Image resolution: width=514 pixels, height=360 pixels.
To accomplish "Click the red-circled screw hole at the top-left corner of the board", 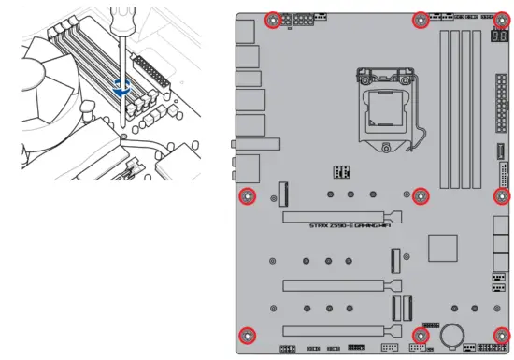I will tap(273, 19).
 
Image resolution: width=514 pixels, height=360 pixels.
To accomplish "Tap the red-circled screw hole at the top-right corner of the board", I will tap(503, 19).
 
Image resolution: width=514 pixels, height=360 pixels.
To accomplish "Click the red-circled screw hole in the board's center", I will tap(420, 195).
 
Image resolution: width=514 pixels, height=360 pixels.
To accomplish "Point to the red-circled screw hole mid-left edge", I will tap(247, 195).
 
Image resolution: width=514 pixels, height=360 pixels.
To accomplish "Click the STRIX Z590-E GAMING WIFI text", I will tap(350, 225).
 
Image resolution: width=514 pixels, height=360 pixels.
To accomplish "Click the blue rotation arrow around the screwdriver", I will tap(121, 87).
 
